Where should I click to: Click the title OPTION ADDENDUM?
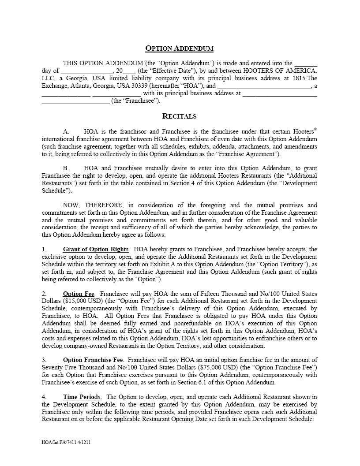click(x=180, y=48)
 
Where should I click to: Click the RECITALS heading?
click(x=180, y=116)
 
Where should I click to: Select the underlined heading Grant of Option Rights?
click(x=96, y=250)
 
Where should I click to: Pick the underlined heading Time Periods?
click(x=82, y=397)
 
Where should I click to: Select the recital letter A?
click(x=66, y=131)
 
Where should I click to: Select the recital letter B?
click(x=66, y=168)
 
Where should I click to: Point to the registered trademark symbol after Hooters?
click(x=315, y=130)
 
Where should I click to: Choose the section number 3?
click(x=44, y=360)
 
